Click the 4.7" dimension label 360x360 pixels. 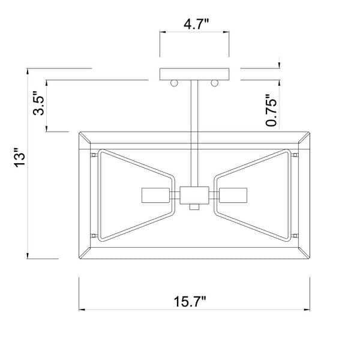pyautogui.click(x=196, y=24)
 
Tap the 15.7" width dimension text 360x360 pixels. pyautogui.click(x=190, y=301)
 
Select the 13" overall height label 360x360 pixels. pyautogui.click(x=20, y=157)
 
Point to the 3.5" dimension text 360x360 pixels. pyautogui.click(x=38, y=103)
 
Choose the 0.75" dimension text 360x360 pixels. pyautogui.click(x=271, y=110)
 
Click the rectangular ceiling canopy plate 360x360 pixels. pyautogui.click(x=194, y=74)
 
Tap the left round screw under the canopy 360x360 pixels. pyautogui.click(x=174, y=83)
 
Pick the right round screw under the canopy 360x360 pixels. pyautogui.click(x=214, y=83)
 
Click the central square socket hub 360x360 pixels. pyautogui.click(x=194, y=196)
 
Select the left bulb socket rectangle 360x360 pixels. pyautogui.click(x=155, y=196)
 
